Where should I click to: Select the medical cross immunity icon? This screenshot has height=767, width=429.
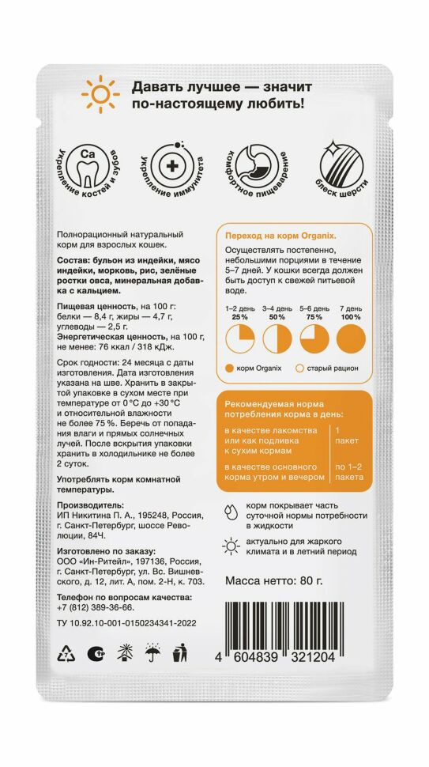(x=170, y=169)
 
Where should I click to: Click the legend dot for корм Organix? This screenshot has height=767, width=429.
(x=230, y=368)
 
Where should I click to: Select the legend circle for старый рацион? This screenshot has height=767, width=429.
(x=300, y=368)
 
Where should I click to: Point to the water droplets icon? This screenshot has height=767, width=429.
(x=229, y=509)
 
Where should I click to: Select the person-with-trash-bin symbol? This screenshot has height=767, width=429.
(x=180, y=653)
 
